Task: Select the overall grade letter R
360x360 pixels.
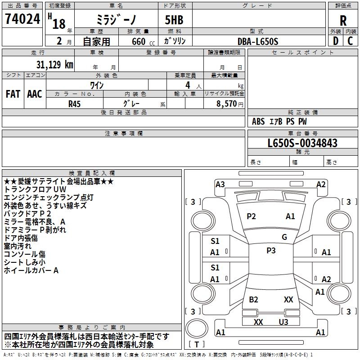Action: click(x=343, y=20)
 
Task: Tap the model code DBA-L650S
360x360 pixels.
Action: click(x=258, y=41)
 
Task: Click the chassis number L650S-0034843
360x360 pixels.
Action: click(x=302, y=144)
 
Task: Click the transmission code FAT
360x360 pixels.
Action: click(x=13, y=94)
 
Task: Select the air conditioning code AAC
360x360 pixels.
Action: click(x=35, y=94)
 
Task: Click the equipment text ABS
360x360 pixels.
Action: click(x=258, y=121)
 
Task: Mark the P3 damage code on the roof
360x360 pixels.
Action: click(x=271, y=251)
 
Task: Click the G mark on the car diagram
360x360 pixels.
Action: click(x=284, y=237)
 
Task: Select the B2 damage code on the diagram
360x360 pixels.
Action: click(x=253, y=299)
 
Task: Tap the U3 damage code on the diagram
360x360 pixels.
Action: click(x=283, y=322)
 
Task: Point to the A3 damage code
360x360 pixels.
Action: click(x=220, y=184)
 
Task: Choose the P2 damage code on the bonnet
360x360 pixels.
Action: click(x=251, y=216)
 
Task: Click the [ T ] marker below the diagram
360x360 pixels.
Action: click(x=197, y=344)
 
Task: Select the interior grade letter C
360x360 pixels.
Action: click(x=350, y=41)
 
